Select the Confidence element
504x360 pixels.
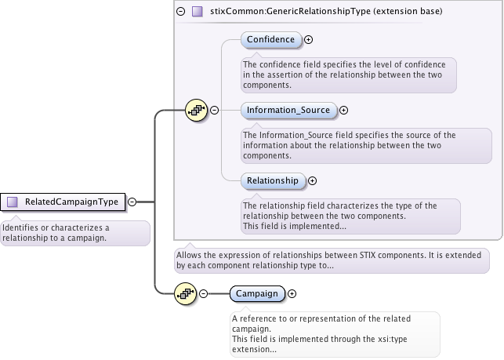coord(270,39)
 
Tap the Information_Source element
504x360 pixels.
coord(288,111)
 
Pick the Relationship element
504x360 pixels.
coord(272,180)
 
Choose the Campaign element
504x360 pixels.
coord(257,293)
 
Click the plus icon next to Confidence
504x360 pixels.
coord(308,39)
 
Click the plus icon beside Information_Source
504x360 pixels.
coord(343,111)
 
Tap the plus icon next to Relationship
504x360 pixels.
coord(312,180)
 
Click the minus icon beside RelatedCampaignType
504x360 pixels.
coord(132,202)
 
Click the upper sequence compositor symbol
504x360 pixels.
coord(195,110)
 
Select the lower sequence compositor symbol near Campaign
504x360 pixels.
coord(185,293)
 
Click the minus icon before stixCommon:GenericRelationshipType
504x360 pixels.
coord(181,11)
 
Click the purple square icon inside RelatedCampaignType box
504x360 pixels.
coord(13,202)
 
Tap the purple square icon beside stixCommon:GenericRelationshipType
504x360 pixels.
coord(197,11)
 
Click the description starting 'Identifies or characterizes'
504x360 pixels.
coord(75,233)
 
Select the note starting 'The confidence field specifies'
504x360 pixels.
coord(348,75)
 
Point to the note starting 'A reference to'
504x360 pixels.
coord(334,333)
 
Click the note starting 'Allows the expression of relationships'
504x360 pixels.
coord(332,260)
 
